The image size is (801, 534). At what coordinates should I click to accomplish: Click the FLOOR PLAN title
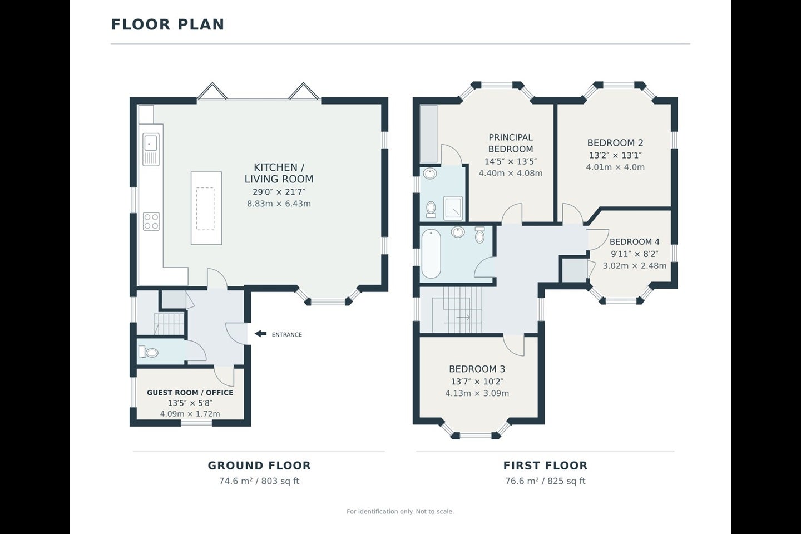[x=168, y=24]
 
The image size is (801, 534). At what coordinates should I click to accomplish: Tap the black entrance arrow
[x=260, y=334]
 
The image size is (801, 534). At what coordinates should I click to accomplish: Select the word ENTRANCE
[x=287, y=335]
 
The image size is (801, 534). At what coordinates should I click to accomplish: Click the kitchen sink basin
[x=150, y=143]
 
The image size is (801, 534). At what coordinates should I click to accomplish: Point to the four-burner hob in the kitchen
[x=151, y=221]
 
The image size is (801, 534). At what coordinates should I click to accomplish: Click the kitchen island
[x=206, y=208]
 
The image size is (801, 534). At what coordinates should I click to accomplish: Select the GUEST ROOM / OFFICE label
[x=190, y=393]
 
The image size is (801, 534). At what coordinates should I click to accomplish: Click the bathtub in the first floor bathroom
[x=431, y=254]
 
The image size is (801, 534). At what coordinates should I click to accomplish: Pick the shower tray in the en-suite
[x=453, y=208]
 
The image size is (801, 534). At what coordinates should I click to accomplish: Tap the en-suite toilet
[x=431, y=209]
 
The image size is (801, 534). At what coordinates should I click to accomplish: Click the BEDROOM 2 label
[x=615, y=143]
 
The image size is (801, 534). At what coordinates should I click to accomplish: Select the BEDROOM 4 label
[x=634, y=242]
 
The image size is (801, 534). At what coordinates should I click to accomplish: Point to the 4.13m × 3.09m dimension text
[x=477, y=393]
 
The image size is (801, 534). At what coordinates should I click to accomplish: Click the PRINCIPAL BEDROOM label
[x=511, y=143]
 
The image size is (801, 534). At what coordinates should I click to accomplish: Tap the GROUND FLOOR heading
[x=259, y=466]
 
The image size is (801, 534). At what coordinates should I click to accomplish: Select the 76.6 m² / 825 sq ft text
[x=545, y=481]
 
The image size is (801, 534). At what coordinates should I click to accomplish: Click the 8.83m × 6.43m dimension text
[x=279, y=204]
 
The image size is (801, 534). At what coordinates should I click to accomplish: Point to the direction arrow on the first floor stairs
[x=463, y=317]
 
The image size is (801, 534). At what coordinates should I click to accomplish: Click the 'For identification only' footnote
[x=400, y=511]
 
